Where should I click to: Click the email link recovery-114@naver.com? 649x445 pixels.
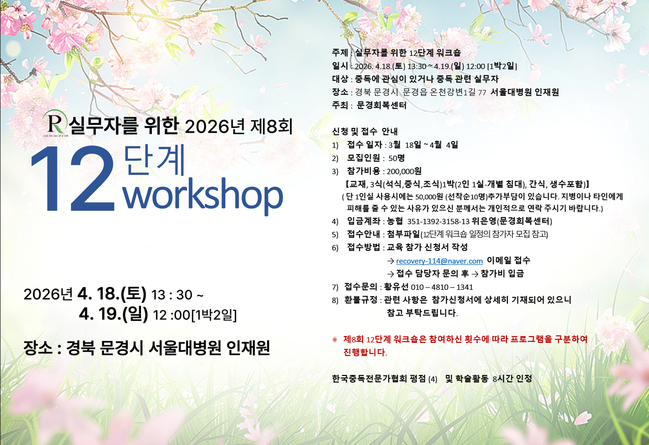point(439,261)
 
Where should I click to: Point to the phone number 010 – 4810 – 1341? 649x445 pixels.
point(442,287)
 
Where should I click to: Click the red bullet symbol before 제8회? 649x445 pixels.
point(335,339)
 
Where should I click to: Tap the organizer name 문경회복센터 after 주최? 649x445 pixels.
point(381,105)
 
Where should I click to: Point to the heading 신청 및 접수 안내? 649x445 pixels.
point(365,131)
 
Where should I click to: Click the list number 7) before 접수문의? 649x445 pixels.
point(335,287)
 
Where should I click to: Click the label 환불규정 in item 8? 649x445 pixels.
point(361,300)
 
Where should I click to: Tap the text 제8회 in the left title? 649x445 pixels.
point(271,126)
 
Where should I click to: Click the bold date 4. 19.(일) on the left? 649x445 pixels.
point(113,314)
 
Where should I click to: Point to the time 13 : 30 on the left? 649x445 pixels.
point(172,295)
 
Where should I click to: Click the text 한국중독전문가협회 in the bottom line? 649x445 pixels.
point(369,378)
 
